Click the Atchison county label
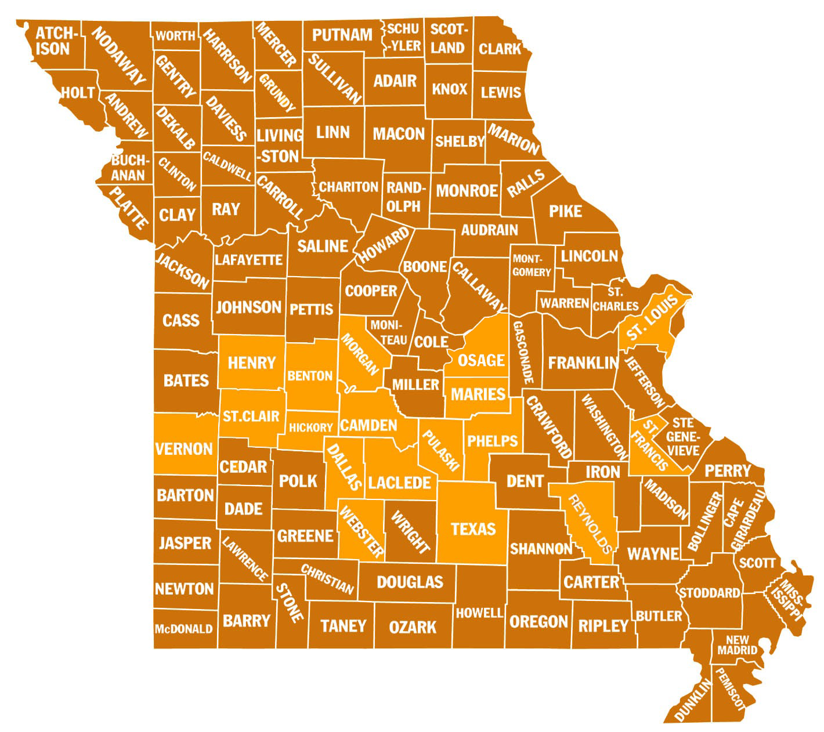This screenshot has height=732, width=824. coord(53,39)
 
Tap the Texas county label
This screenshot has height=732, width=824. coord(474,528)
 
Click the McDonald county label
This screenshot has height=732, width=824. coord(183,629)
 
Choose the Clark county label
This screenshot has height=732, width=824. coord(500,49)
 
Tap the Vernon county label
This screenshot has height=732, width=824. coord(184,448)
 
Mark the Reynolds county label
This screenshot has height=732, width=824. coord(591,524)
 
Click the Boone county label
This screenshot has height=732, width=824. coord(425,267)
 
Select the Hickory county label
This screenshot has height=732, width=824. coord(311,427)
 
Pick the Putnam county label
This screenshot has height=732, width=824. coord(342,35)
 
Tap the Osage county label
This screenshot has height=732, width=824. coord(481,360)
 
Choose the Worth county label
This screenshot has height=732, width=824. coord(175,36)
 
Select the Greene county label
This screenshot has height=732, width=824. coord(305,535)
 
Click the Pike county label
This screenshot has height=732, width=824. coord(565,211)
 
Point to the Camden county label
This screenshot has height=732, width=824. coord(368,425)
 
